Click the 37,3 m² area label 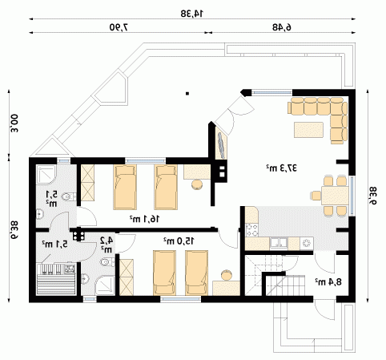tap(281, 168)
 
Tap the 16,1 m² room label tap(144, 219)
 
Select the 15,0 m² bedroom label tap(179, 241)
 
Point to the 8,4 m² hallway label tap(328, 282)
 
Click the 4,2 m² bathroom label tap(107, 245)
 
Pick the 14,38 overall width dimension tap(192, 14)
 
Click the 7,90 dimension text tap(119, 27)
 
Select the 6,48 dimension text tap(282, 27)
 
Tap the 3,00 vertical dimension tap(14, 123)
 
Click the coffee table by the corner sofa tap(309, 130)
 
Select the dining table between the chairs tap(335, 196)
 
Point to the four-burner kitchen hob tap(251, 230)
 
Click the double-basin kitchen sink tap(279, 243)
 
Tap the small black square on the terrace tap(187, 94)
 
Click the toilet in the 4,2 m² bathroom tap(107, 262)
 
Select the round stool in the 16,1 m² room tap(197, 184)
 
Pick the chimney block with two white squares tap(222, 172)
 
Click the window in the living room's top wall tap(272, 92)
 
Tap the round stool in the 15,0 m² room tap(227, 275)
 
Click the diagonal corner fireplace tap(221, 144)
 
